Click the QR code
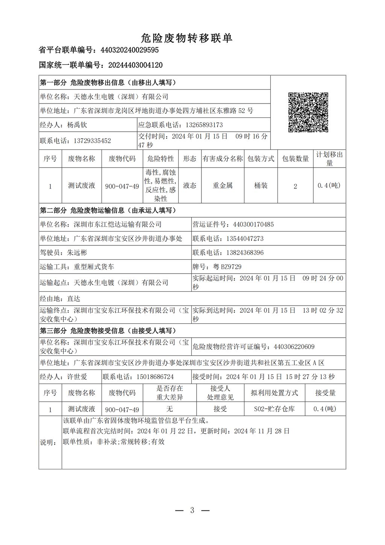[308, 113]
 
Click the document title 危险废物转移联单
[186, 38]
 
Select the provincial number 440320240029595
[130, 50]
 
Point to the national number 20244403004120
[135, 65]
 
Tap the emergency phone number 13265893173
[199, 125]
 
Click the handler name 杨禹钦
[77, 125]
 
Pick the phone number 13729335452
[92, 141]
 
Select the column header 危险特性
[161, 159]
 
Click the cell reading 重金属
[223, 186]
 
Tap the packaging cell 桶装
[261, 186]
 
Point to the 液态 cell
[190, 186]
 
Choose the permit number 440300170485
[253, 225]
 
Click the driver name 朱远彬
[77, 253]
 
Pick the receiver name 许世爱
[77, 377]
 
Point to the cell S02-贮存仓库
[274, 409]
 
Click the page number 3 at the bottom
[192, 510]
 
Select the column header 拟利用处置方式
[274, 393]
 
